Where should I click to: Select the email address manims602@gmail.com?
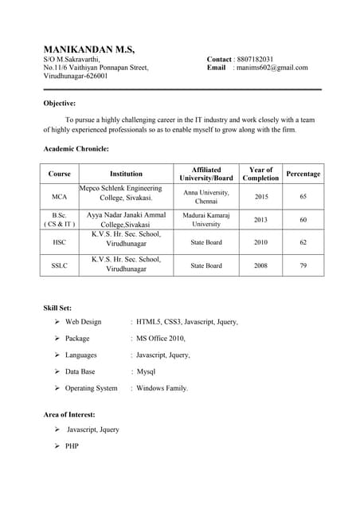pyautogui.click(x=272, y=69)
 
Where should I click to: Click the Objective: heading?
pyautogui.click(x=60, y=103)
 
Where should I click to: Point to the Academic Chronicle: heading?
pyautogui.click(x=76, y=148)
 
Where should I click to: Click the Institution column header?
pyautogui.click(x=126, y=174)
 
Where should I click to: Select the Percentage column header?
pyautogui.click(x=303, y=174)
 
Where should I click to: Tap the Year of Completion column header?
pyautogui.click(x=260, y=174)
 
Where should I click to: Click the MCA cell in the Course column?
pyautogui.click(x=59, y=196)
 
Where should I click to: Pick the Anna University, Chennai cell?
pyautogui.click(x=206, y=197)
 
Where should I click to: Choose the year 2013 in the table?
pyautogui.click(x=261, y=219)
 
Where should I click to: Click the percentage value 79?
pyautogui.click(x=303, y=265)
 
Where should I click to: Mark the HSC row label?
pyautogui.click(x=59, y=242)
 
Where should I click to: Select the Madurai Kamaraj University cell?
pyautogui.click(x=206, y=219)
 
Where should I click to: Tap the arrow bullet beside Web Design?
pyautogui.click(x=57, y=322)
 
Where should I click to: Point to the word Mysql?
pyautogui.click(x=146, y=372)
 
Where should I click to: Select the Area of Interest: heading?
pyautogui.click(x=69, y=414)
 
